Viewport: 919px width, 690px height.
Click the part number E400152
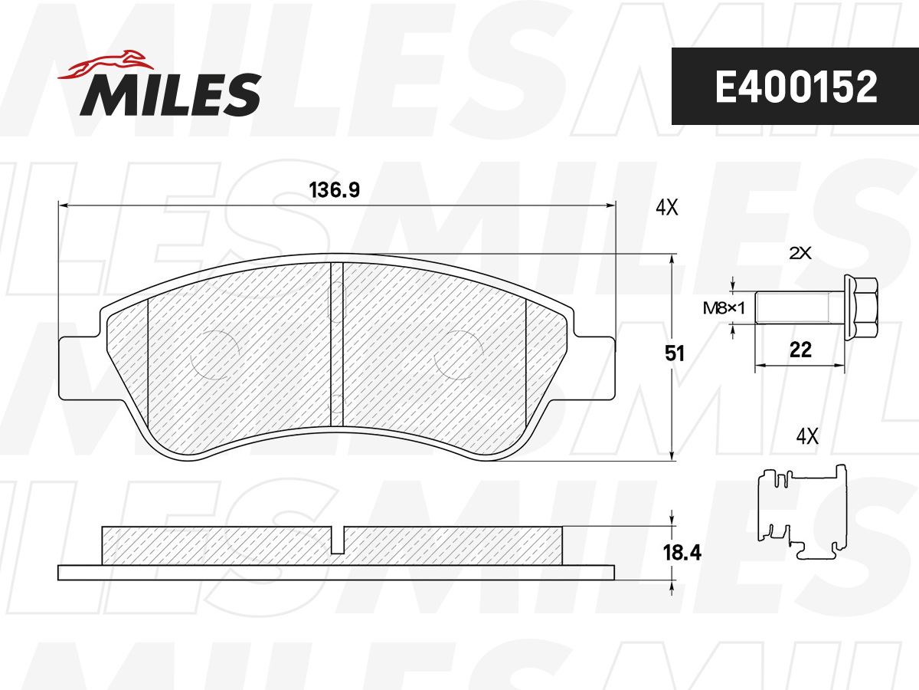[796, 87]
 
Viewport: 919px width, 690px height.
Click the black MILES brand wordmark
[171, 94]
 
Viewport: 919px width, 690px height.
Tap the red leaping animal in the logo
[106, 65]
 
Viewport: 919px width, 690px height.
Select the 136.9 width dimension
[334, 190]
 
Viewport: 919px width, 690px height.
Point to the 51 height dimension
[675, 353]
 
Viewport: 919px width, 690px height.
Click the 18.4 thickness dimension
[682, 553]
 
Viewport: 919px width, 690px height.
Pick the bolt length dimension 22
[800, 350]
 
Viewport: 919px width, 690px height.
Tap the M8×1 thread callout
[724, 309]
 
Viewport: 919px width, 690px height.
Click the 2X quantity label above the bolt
[800, 253]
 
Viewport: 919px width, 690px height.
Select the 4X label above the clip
[806, 437]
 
